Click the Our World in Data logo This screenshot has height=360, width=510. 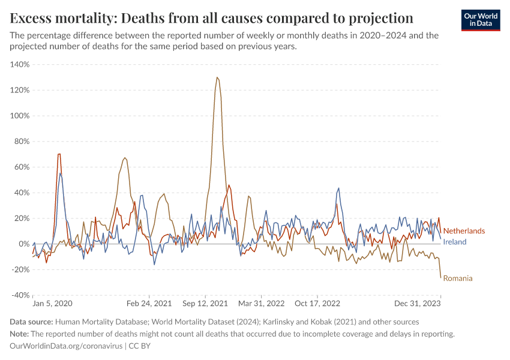(480, 20)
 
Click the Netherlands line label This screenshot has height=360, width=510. (464, 231)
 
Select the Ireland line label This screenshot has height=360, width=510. (455, 242)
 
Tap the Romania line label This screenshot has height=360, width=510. (458, 278)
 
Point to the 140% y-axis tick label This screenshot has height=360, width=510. (20, 64)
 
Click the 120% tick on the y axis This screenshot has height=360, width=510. (20, 90)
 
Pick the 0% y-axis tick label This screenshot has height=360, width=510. (23, 244)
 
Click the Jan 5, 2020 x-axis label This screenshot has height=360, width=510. (52, 304)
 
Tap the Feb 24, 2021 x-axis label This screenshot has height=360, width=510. (149, 304)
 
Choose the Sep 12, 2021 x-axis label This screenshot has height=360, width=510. (205, 304)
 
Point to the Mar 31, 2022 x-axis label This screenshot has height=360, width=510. (261, 304)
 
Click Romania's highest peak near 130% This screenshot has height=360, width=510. (217, 77)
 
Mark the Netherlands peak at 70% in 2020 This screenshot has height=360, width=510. (59, 154)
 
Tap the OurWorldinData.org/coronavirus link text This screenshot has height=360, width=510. (66, 346)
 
